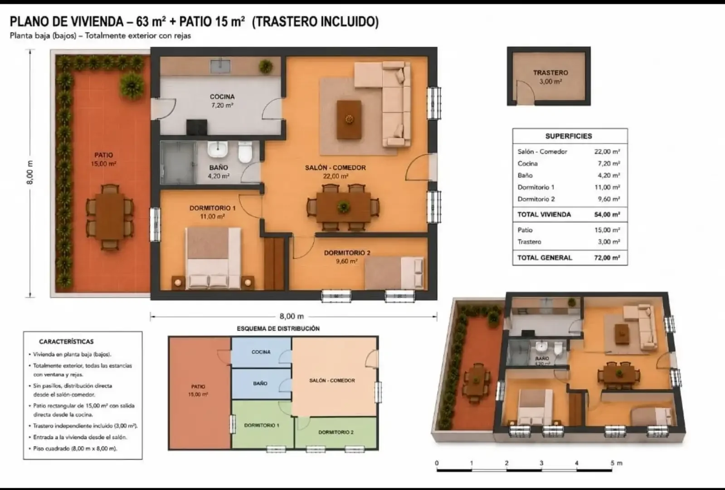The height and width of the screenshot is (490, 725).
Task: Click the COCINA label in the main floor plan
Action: [222, 97]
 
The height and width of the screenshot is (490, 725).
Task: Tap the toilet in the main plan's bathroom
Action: [245, 152]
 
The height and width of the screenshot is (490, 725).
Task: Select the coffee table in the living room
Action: [349, 119]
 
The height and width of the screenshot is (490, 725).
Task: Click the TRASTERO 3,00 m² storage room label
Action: [550, 77]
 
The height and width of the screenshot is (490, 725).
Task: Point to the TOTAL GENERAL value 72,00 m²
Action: [607, 258]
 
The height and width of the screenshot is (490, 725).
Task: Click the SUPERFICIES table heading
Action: [569, 136]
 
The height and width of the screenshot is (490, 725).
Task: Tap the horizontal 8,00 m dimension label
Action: [292, 316]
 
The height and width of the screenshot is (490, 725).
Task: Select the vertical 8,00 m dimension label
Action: [30, 172]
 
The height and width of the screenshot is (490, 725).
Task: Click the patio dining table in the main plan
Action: [110, 217]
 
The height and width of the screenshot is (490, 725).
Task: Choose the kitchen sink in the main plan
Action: [220, 66]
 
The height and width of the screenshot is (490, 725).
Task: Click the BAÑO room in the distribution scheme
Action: [261, 384]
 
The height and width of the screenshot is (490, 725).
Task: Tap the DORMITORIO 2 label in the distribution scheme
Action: [336, 432]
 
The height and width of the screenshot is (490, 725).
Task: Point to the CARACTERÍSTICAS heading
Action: [66, 342]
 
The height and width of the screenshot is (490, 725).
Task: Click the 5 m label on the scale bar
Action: [616, 463]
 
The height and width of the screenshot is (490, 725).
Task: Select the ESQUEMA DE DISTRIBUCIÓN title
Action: [278, 328]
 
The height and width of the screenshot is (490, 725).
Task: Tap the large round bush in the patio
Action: [132, 85]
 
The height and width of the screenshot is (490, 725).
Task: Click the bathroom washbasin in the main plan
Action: [218, 149]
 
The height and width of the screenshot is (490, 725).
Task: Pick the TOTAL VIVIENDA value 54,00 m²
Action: [607, 215]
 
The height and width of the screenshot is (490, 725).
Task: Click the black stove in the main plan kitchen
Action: [197, 127]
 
